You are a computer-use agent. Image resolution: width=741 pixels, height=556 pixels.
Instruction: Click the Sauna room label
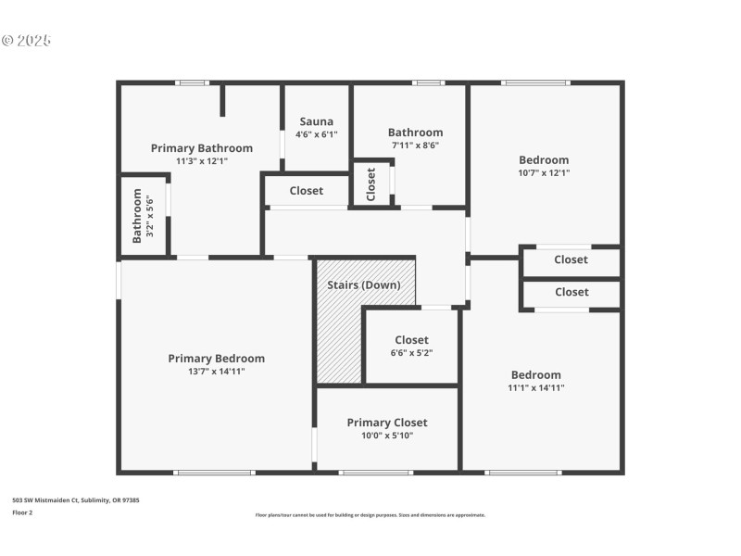316,121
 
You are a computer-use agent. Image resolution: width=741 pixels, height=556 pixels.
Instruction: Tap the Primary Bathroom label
201,148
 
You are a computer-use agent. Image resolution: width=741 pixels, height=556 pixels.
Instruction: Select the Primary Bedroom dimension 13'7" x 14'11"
216,372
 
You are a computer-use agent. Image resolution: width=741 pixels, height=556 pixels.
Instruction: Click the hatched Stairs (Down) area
339,324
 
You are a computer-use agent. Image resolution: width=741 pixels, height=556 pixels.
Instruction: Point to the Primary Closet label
386,423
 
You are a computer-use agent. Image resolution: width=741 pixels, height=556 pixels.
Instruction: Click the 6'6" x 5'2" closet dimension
411,353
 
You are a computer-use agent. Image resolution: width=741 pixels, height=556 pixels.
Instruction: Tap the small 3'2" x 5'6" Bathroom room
143,215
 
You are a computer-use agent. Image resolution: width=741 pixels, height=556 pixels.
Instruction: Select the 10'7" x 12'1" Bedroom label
544,160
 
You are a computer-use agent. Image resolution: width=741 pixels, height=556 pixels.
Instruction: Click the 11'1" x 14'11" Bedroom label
535,375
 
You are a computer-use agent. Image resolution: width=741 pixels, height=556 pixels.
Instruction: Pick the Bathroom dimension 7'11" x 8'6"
415,145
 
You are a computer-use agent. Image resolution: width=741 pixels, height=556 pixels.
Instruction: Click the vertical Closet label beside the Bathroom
371,184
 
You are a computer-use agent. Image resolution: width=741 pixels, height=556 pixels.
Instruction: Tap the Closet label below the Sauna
306,191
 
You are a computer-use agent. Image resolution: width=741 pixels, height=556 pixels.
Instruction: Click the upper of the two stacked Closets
571,260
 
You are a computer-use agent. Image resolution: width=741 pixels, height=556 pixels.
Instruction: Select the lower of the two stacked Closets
571,292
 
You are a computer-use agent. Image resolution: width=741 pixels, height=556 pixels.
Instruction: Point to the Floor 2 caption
22,512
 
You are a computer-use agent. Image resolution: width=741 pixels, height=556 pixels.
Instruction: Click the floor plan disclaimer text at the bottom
370,515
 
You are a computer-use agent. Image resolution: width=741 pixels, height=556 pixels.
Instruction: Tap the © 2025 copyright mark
26,41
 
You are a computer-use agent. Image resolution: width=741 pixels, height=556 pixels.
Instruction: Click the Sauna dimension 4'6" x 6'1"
316,134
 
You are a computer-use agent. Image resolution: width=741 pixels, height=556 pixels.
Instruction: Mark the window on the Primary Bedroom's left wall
119,281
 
